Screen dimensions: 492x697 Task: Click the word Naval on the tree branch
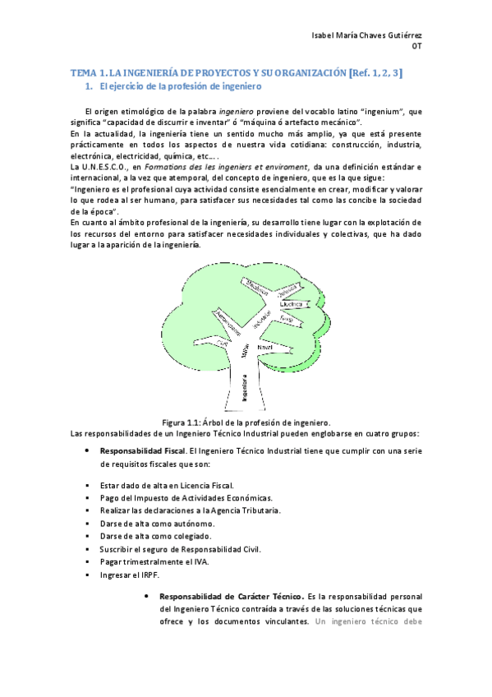pos(264,348)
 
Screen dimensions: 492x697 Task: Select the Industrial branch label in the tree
pos(263,322)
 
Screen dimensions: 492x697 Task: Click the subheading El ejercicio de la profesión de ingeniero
pos(179,86)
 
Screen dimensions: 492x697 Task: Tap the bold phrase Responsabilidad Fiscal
pos(142,451)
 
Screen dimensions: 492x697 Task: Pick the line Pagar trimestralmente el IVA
pos(154,561)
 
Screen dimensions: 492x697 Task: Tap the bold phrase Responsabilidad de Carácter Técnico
pos(232,595)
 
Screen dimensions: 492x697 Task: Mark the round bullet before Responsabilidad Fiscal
pos(87,451)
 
